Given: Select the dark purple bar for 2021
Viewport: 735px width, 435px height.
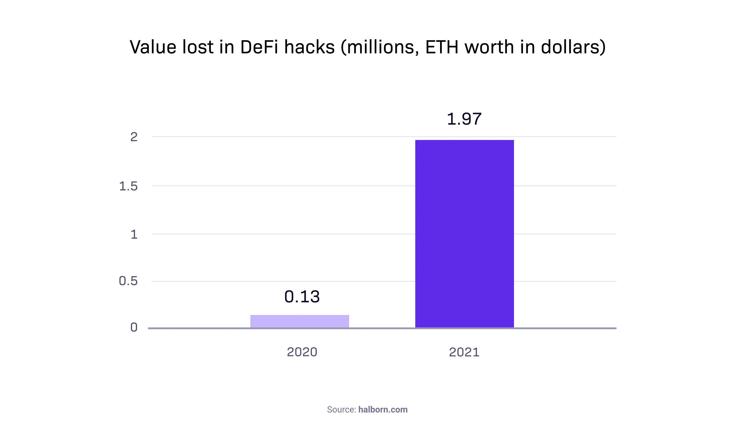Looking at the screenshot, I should pos(464,234).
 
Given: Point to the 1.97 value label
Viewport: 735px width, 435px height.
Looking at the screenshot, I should pos(464,119).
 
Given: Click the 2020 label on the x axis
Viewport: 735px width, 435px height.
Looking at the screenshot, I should pos(302,352).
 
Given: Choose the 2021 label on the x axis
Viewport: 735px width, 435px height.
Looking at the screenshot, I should pos(464,352).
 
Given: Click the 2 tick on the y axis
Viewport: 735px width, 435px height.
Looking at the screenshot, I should pos(134,137).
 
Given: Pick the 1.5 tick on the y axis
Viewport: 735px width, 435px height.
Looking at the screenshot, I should pos(128,186).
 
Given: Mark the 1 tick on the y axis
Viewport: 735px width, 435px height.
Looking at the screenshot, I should pos(134,235).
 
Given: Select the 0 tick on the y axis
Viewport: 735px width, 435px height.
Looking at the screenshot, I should pos(134,327).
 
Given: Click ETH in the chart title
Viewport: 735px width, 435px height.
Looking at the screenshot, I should pos(442,47).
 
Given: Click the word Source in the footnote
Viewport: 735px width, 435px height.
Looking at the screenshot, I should pos(341,409).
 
